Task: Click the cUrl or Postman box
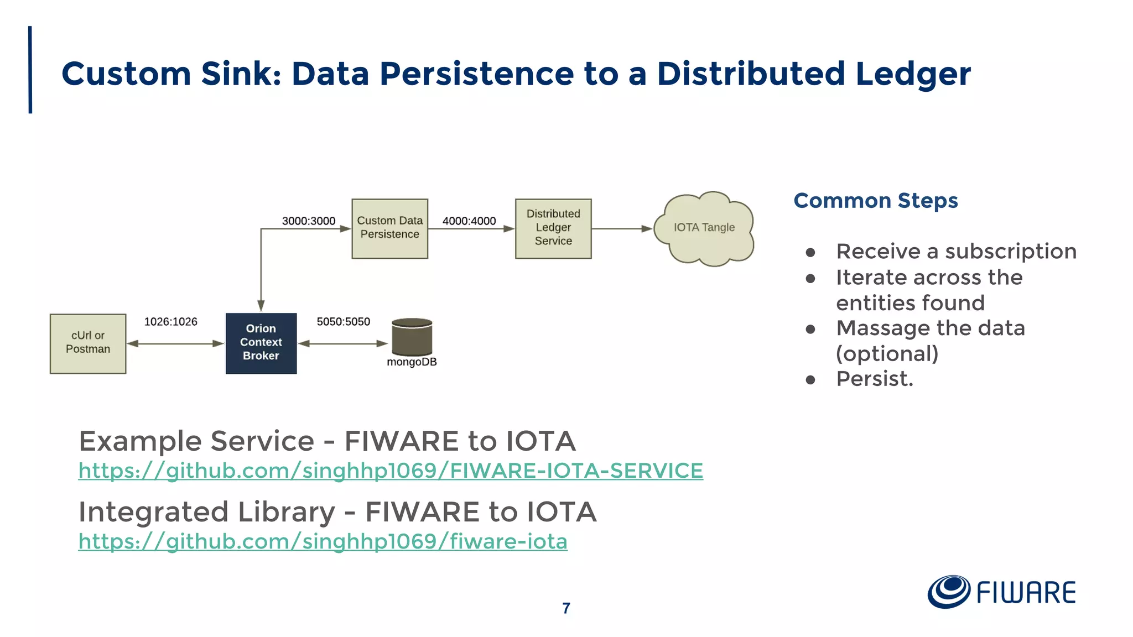point(88,343)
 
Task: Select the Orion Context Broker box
point(261,343)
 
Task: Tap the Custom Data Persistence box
point(389,228)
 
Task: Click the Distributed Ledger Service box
point(553,228)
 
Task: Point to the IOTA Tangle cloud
point(704,228)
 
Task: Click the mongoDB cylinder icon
point(412,337)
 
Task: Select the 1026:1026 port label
point(170,322)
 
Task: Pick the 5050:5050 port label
point(343,322)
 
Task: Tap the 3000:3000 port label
point(308,221)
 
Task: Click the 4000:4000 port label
point(469,221)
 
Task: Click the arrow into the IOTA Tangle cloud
point(622,228)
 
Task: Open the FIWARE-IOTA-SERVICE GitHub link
point(391,471)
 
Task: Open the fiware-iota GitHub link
point(323,541)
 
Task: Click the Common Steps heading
point(875,201)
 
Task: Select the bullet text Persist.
point(874,379)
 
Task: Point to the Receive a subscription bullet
point(956,252)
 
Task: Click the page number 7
point(566,608)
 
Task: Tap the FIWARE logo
point(1001,592)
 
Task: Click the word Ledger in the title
point(913,74)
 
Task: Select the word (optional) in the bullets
point(887,354)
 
